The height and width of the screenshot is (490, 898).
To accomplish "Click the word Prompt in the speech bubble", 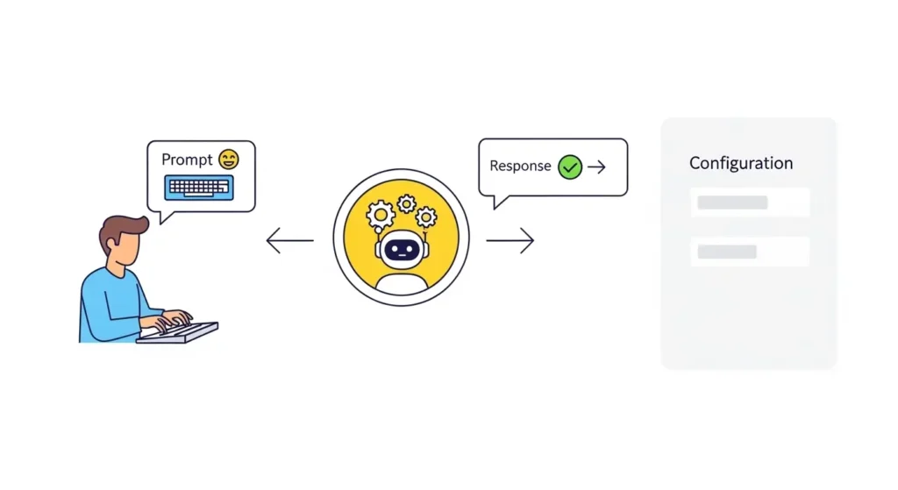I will [x=187, y=160].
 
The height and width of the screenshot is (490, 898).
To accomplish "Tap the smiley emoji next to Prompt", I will [x=228, y=160].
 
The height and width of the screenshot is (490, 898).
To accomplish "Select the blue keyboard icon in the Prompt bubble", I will [x=199, y=187].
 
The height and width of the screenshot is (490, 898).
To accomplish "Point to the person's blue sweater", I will [x=110, y=302].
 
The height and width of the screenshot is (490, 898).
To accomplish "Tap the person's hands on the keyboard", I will [x=175, y=318].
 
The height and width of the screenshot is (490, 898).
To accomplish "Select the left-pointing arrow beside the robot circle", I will [x=289, y=240].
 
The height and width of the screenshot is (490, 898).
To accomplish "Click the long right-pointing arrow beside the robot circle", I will [x=510, y=240].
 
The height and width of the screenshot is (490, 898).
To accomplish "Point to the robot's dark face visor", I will [x=401, y=250].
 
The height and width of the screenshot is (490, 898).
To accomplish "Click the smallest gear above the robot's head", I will [x=406, y=203].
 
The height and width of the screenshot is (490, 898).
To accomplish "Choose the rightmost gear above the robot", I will [x=426, y=217].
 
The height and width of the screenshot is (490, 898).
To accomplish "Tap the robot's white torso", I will [x=401, y=282].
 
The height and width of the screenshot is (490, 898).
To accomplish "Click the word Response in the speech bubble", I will [x=520, y=166].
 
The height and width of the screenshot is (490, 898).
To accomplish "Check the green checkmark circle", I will [x=570, y=167].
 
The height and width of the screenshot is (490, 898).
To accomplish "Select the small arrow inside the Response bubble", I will [x=597, y=167].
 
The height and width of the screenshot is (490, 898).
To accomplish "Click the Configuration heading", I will [x=741, y=163].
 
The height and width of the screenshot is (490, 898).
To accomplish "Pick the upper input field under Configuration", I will [x=749, y=202].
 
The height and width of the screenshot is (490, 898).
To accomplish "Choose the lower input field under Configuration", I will [x=749, y=252].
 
